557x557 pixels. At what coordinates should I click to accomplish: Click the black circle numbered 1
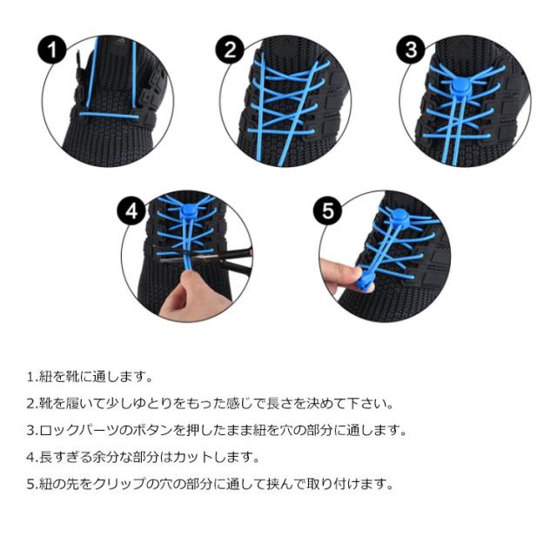coord(52,50)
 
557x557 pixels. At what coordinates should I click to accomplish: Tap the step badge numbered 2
coord(230,50)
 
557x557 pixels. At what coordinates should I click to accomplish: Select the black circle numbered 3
coord(411,50)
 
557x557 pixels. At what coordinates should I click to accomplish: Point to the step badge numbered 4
coord(131,211)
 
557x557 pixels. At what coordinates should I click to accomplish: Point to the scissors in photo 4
coord(210,259)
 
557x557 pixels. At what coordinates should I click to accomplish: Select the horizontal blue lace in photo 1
coord(109,115)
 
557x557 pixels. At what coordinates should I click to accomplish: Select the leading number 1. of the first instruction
coord(32,377)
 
